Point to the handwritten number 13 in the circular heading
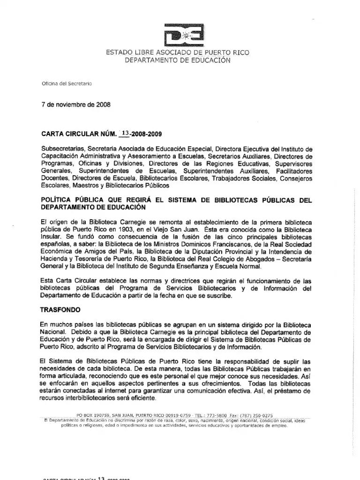pyautogui.click(x=125, y=133)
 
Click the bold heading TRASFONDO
pyautogui.click(x=61, y=310)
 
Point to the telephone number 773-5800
pyautogui.click(x=217, y=415)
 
